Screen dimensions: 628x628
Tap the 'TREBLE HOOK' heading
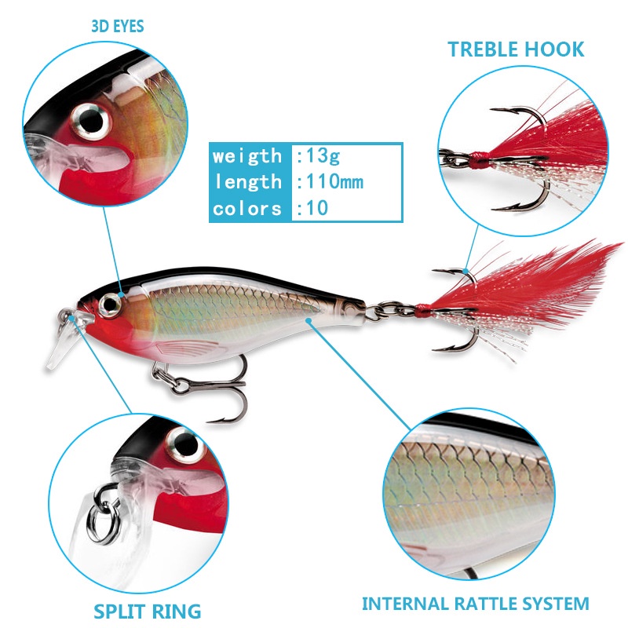(516, 49)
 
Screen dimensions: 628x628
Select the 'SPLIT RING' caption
(148, 610)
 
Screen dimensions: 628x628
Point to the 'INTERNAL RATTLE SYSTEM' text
(475, 604)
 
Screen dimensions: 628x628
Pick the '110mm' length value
(330, 182)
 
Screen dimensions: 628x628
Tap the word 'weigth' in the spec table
(246, 155)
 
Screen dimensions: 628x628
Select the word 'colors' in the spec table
(247, 209)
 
